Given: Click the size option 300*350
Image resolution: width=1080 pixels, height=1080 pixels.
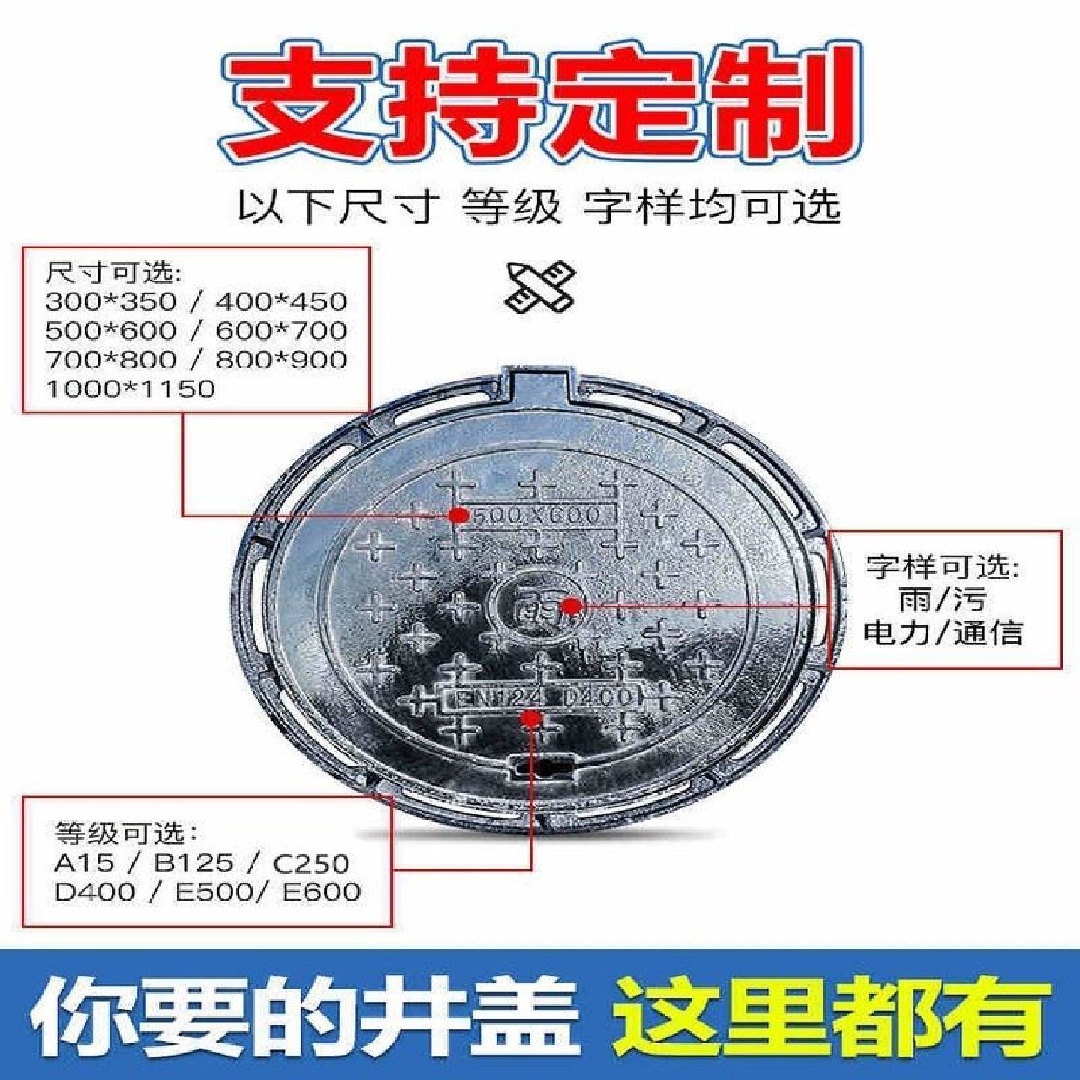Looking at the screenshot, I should pyautogui.click(x=109, y=301).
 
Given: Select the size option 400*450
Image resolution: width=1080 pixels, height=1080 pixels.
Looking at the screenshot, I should pyautogui.click(x=281, y=301).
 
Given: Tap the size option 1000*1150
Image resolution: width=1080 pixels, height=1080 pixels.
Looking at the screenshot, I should pyautogui.click(x=130, y=388).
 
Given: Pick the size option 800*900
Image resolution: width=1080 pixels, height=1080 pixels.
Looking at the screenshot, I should pyautogui.click(x=281, y=359).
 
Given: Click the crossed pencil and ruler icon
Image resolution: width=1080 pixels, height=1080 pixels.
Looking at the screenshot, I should pyautogui.click(x=539, y=287).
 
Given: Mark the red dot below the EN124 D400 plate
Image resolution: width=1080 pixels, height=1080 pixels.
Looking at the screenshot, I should pyautogui.click(x=532, y=719).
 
